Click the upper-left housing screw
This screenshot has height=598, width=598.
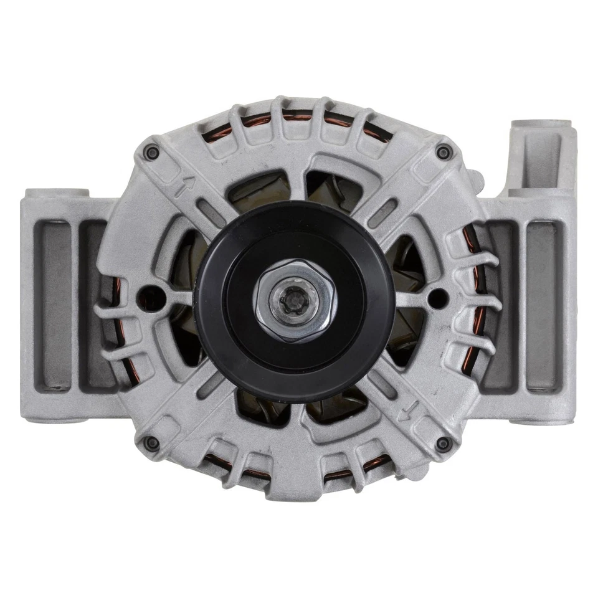[x=151, y=152]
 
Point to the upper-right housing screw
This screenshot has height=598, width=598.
[x=443, y=151]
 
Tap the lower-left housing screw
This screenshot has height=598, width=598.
[x=151, y=443]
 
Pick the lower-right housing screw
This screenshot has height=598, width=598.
[x=443, y=444]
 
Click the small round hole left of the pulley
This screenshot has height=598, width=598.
[x=149, y=293]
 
